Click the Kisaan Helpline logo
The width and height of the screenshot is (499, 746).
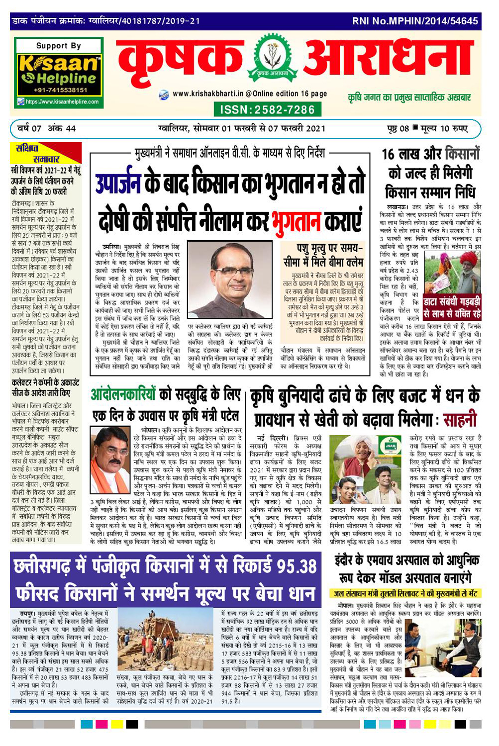click(59, 73)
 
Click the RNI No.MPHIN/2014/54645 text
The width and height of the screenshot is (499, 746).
click(415, 21)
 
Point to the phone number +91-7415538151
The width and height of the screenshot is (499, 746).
click(61, 91)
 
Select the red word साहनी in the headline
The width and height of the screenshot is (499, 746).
click(460, 420)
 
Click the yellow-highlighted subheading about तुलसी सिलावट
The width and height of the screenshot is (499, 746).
click(405, 593)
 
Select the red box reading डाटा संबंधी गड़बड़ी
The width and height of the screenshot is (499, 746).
click(451, 308)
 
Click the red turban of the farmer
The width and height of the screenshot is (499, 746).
click(468, 259)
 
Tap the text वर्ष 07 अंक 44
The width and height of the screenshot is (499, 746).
click(46, 129)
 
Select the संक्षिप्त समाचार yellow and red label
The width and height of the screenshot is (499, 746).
click(45, 154)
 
